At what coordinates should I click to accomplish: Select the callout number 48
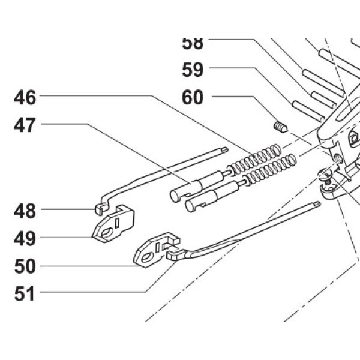26,211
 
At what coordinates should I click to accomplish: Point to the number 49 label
26,238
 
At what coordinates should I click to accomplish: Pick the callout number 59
193,70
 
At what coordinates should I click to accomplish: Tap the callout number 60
193,97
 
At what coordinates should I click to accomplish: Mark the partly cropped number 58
193,43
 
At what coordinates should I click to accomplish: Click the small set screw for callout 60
280,127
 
